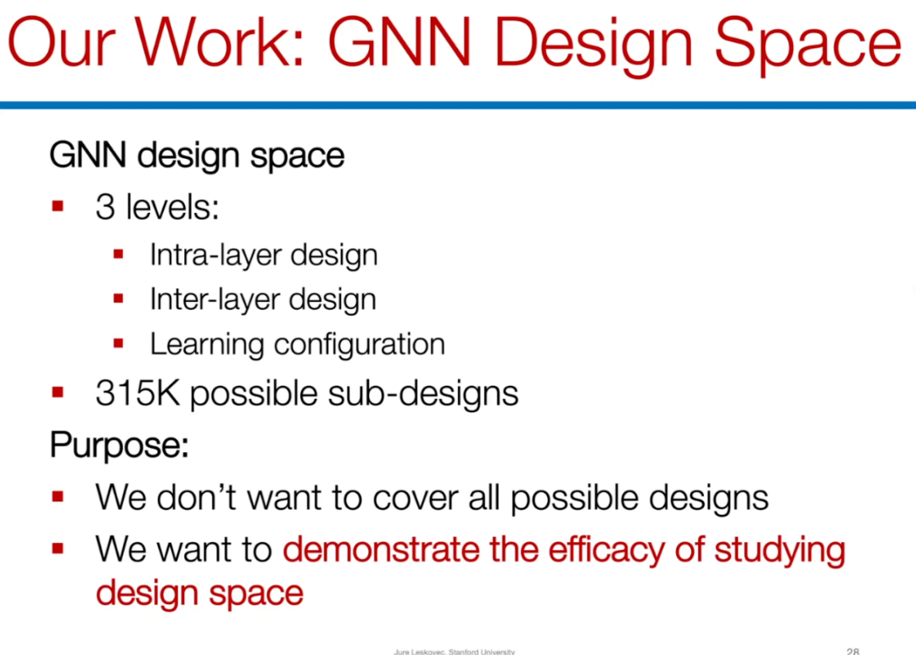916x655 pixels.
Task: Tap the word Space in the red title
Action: [x=808, y=46]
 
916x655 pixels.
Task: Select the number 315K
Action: [x=137, y=393]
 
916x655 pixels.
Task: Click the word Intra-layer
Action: [x=214, y=255]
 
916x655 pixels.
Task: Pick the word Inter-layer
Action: [x=213, y=300]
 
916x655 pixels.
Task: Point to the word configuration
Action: [x=360, y=344]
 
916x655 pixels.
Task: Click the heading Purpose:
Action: [x=120, y=445]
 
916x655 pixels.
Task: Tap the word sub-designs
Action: [x=423, y=393]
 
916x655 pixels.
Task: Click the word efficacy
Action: [x=606, y=551]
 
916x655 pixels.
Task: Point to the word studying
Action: [x=780, y=551]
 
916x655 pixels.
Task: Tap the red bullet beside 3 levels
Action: [x=58, y=206]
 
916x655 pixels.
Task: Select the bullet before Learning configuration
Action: [x=119, y=344]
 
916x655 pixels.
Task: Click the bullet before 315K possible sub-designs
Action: [x=58, y=392]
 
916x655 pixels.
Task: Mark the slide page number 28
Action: [x=852, y=651]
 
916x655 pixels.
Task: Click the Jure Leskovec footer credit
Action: [x=455, y=652]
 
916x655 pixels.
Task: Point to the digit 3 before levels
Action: [x=105, y=207]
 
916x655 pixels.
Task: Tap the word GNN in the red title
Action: [x=399, y=42]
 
